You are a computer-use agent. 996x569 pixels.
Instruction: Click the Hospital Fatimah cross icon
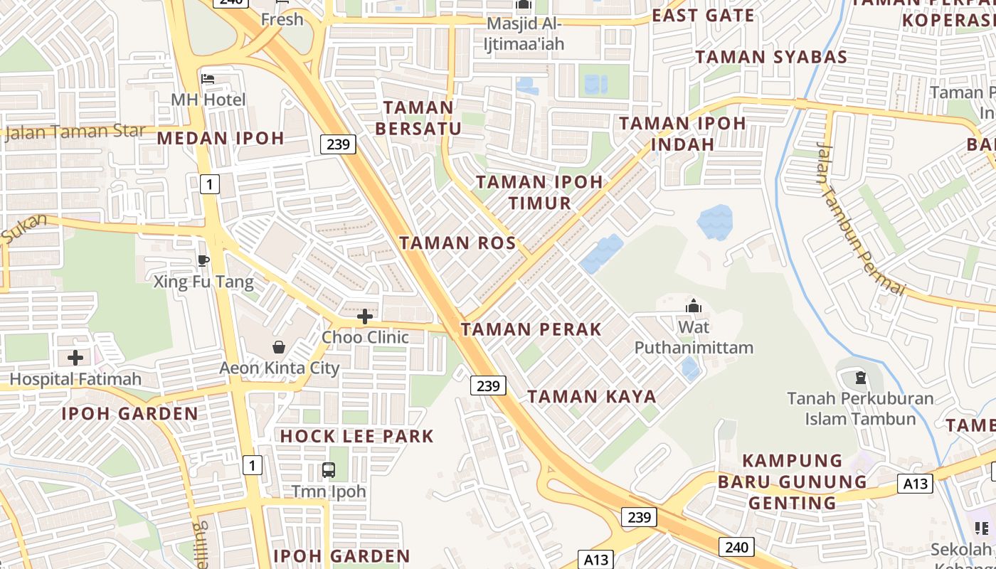click(x=75, y=358)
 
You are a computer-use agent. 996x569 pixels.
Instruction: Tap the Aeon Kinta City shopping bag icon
click(x=279, y=347)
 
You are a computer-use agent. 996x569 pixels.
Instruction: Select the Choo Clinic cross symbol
click(x=365, y=317)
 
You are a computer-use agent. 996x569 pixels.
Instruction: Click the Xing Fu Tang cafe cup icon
click(x=203, y=260)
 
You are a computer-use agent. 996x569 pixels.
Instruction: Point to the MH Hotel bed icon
click(x=208, y=78)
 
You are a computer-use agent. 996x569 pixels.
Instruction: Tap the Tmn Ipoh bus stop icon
click(x=329, y=469)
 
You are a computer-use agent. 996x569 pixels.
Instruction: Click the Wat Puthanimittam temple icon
click(x=693, y=307)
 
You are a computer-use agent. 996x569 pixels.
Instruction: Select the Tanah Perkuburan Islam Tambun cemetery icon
click(x=860, y=377)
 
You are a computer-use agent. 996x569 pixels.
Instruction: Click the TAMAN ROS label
click(x=457, y=243)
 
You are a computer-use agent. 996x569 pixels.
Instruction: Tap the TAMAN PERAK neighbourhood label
click(x=531, y=329)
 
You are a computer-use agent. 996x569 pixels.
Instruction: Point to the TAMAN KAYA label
click(x=591, y=397)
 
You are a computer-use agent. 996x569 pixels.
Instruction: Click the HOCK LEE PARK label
click(x=356, y=436)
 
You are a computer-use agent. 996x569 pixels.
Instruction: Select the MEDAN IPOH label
click(x=221, y=138)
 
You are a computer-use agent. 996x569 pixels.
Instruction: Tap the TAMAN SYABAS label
click(x=771, y=57)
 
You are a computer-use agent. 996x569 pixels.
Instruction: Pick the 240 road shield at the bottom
click(x=736, y=546)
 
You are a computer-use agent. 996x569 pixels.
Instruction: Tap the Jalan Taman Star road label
click(x=75, y=132)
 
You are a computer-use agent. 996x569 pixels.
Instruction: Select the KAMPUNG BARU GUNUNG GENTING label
click(x=792, y=482)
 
